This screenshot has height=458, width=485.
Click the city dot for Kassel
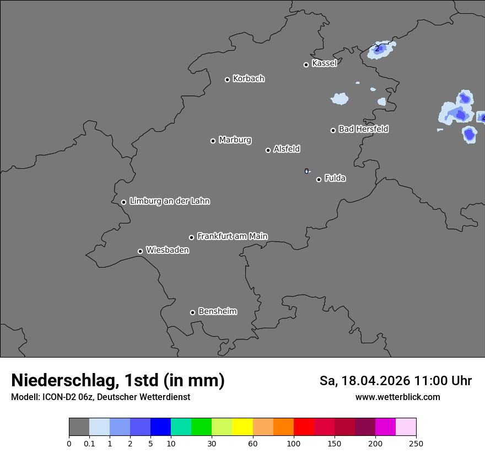point(306,65)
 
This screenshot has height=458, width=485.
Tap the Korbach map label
point(249,79)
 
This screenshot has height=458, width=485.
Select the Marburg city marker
point(213,141)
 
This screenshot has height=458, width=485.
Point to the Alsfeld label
point(287,149)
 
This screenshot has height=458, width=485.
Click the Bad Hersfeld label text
point(363,129)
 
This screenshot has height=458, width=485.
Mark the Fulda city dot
point(319,179)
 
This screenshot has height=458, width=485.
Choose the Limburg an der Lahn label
point(169,201)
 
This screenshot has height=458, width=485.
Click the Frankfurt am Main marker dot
point(192,237)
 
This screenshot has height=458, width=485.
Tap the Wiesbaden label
point(167,251)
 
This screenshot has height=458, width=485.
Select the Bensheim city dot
point(192,312)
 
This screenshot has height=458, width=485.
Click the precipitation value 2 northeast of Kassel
point(377,49)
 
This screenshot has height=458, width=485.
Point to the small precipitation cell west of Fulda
point(307,171)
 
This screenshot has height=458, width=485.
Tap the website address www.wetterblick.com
point(397,397)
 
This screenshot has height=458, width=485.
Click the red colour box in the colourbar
point(304,427)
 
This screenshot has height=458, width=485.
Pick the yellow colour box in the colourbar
point(242,427)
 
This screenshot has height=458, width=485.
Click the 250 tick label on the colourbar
point(416,443)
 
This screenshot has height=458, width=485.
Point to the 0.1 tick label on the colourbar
point(89,443)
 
